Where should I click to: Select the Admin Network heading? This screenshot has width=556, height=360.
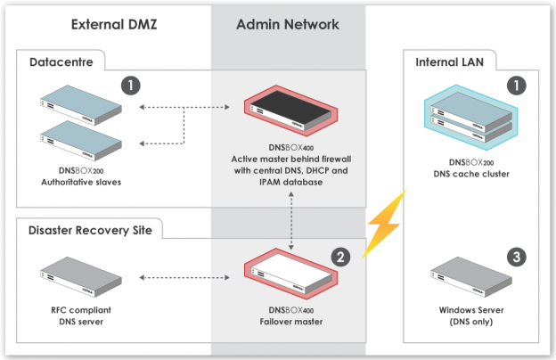288,25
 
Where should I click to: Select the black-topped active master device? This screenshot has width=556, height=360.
288,107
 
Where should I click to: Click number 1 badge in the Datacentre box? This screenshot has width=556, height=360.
132,86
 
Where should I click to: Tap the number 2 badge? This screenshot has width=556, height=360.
340,256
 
